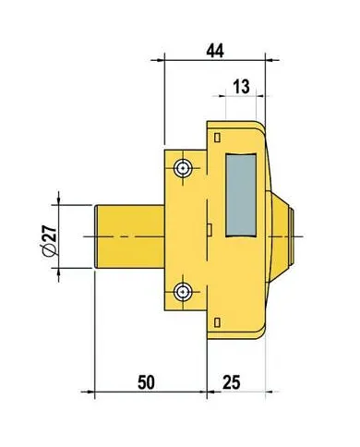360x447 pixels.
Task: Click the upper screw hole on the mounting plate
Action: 185,168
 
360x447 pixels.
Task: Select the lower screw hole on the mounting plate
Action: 185,291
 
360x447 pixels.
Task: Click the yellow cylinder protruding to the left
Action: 129,236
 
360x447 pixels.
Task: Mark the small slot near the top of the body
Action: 216,138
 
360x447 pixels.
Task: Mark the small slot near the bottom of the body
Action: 216,321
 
